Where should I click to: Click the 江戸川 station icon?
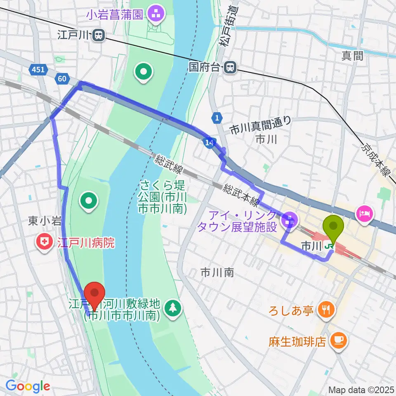point(99,36)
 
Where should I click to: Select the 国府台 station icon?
point(230,66)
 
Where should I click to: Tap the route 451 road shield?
point(38,70)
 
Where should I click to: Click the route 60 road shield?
point(62,78)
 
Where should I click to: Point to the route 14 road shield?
point(209,142)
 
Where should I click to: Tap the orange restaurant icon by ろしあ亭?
point(327,309)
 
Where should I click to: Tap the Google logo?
point(28,386)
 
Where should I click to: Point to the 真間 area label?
point(353,57)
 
